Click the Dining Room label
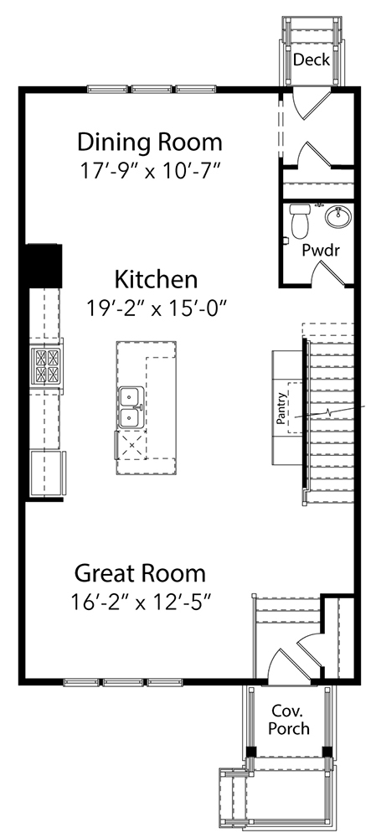point(150,140)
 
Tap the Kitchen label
point(156,278)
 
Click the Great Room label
point(140,574)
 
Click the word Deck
point(311,59)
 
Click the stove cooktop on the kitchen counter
point(47,365)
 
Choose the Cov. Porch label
point(288,720)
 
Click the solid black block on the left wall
point(44,265)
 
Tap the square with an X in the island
point(130,443)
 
